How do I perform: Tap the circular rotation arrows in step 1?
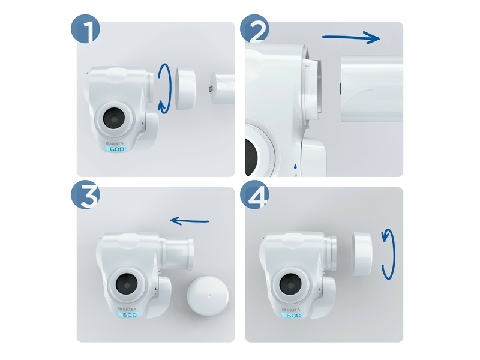click(x=165, y=89)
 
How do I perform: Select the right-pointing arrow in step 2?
click(x=351, y=38)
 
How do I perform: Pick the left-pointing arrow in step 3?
click(x=190, y=221)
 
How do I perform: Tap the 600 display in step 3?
click(x=128, y=314)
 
